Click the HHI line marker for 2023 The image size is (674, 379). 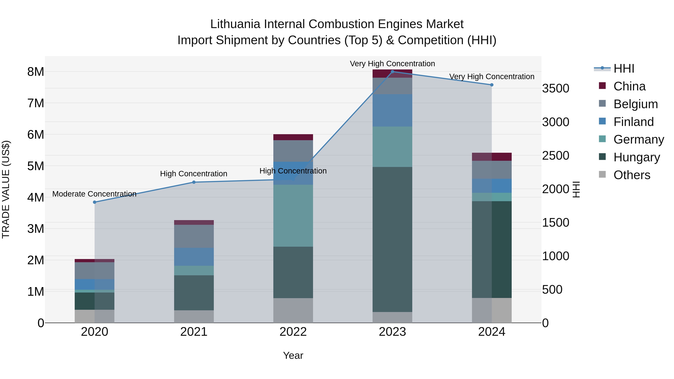392,72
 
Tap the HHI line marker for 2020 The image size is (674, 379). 95,202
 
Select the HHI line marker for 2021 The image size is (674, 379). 194,182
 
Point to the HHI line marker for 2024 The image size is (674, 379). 492,85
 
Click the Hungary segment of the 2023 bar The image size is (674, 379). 392,239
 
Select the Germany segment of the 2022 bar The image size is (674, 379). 293,216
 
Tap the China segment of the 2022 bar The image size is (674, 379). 293,137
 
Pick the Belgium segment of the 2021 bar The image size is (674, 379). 194,236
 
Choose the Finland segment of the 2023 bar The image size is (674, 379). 392,110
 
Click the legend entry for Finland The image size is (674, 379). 633,122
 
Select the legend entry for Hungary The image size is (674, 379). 636,157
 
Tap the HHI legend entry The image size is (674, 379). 623,69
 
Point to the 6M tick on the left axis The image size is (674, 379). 36,135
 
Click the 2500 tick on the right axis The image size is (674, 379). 555,156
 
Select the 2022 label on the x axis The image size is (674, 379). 293,332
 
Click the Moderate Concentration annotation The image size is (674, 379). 95,194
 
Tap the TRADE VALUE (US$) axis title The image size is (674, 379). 6,189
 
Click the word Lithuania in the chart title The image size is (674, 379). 235,24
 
